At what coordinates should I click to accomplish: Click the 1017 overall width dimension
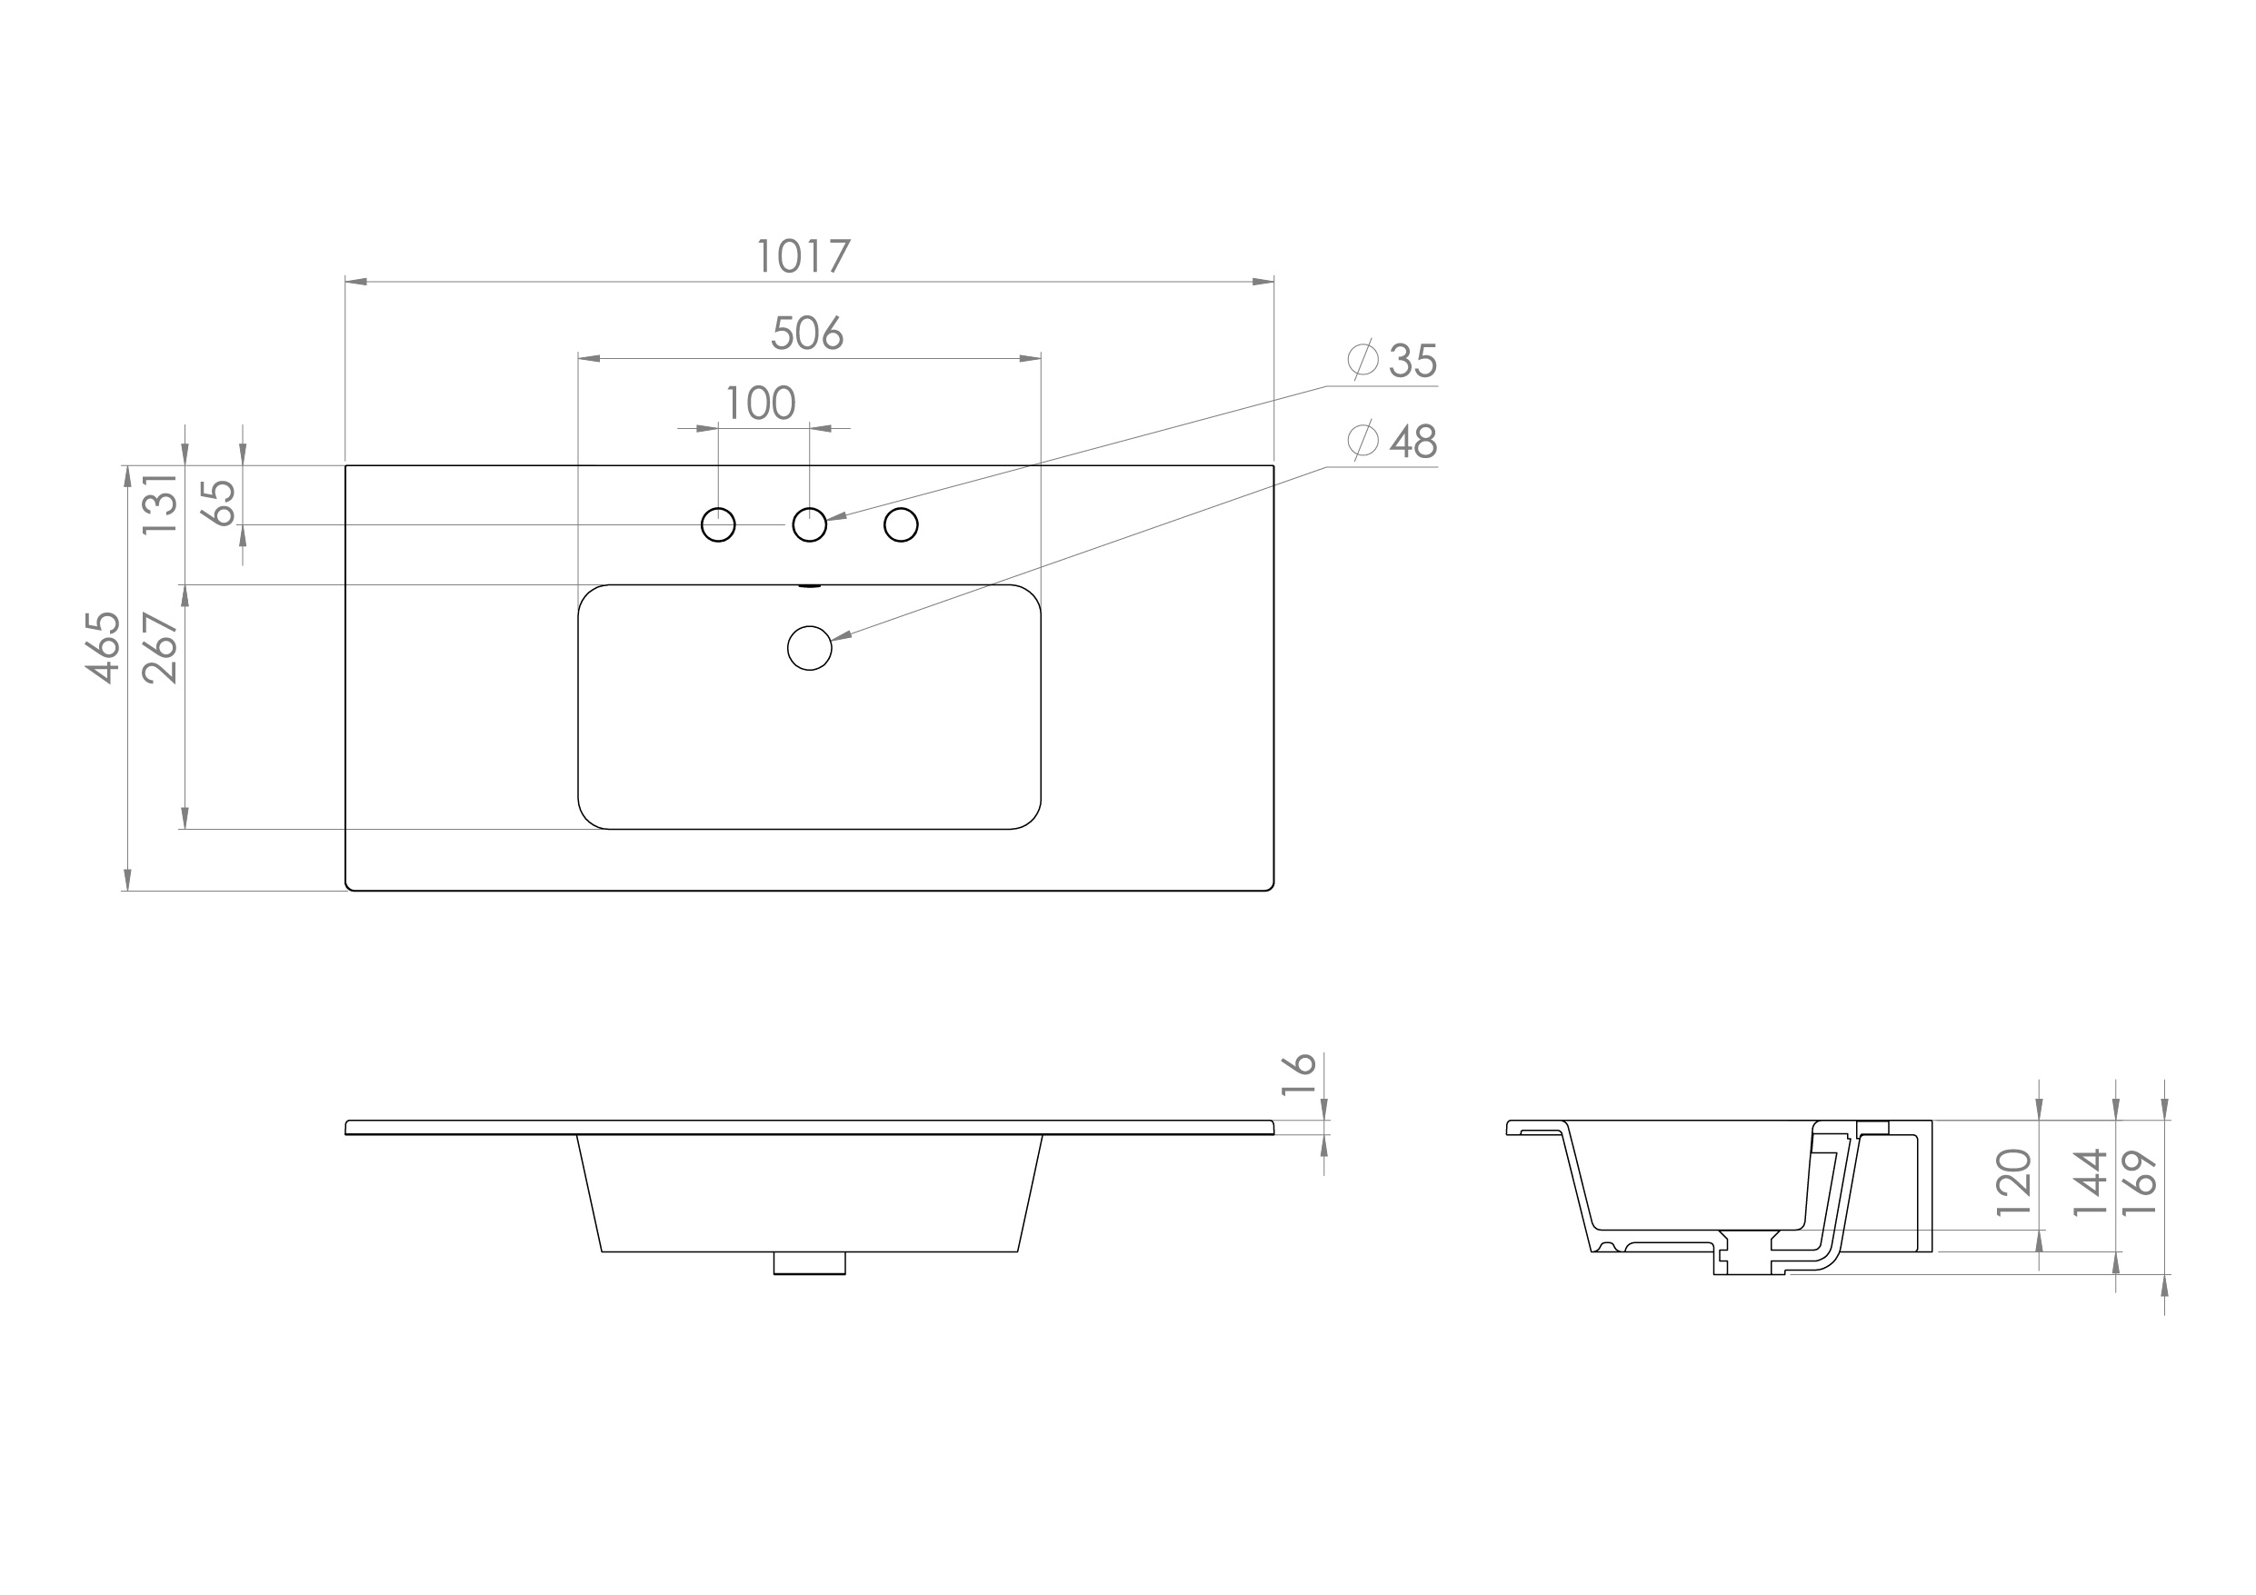tap(803, 256)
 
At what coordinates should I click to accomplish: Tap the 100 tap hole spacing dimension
tap(761, 403)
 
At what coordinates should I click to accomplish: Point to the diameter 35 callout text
tap(1412, 362)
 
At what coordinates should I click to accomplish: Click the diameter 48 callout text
tap(1412, 443)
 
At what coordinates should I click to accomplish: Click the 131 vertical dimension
tap(160, 503)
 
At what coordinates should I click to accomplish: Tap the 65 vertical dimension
tap(219, 503)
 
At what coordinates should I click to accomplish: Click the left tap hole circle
tap(718, 524)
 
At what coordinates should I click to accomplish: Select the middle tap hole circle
tap(810, 524)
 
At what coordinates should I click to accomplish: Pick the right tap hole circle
tap(901, 524)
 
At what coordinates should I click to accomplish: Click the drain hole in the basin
tap(810, 648)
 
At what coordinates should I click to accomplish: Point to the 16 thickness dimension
tap(1298, 1074)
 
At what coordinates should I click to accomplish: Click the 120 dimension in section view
tap(2013, 1182)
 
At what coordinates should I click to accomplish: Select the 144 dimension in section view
tap(2089, 1182)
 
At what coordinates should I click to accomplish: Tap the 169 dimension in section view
tap(2140, 1182)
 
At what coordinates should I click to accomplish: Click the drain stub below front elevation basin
tap(810, 1263)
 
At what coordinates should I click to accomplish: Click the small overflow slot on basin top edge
tap(810, 585)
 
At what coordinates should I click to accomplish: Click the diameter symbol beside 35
tap(1363, 360)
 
